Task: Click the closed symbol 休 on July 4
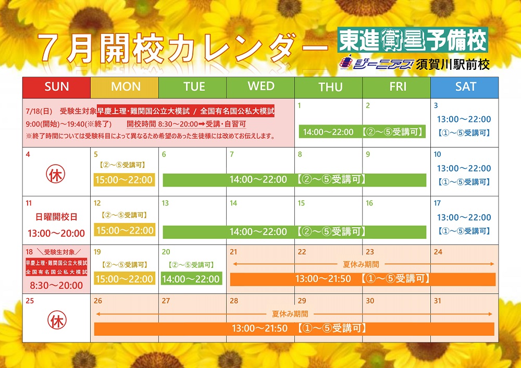(56, 175)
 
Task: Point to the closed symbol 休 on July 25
(57, 320)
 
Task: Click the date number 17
(437, 203)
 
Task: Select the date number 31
(438, 301)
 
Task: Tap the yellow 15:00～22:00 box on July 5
(124, 180)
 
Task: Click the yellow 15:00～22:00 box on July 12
(125, 230)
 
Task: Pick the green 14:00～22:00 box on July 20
(191, 278)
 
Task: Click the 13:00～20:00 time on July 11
(56, 234)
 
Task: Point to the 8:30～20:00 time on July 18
(56, 286)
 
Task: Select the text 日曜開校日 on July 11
(56, 217)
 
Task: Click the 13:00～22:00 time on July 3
(464, 119)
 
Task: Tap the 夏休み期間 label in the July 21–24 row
(361, 265)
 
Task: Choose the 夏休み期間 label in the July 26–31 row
(290, 314)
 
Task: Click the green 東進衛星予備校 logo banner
(412, 40)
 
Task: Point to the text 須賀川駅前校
(453, 64)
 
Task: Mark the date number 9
(368, 154)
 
